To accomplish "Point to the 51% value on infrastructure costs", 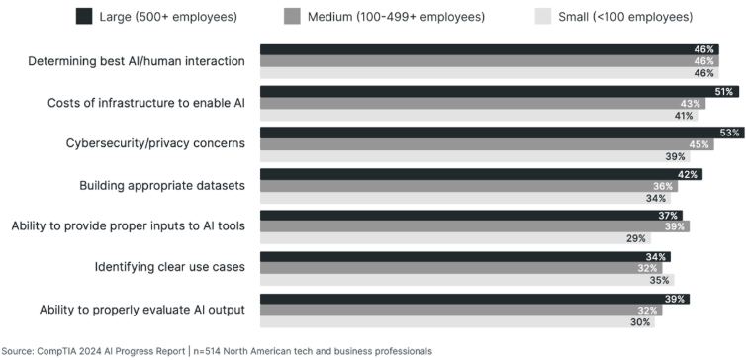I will click(724, 91).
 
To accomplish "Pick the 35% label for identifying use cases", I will click(657, 280).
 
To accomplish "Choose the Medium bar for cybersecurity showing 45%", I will click(475, 144).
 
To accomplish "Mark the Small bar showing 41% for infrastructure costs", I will click(455, 115).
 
